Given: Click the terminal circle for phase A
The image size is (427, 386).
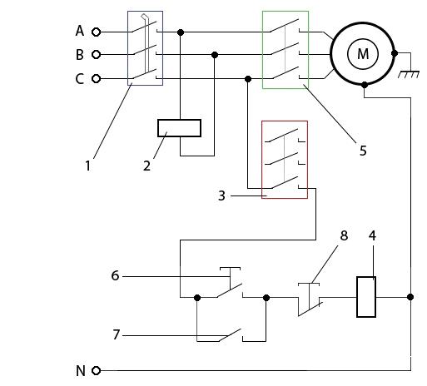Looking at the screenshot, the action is tap(96, 32).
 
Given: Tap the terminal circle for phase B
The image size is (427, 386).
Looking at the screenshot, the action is tap(96, 54).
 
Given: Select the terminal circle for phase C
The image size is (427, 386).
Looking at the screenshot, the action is tap(96, 79).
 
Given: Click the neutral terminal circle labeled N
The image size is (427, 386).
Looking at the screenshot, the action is tap(96, 370).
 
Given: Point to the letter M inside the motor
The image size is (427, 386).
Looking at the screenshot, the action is tap(363, 54).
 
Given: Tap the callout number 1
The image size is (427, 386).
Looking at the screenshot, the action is tap(87, 166).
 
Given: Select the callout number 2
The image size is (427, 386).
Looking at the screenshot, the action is tap(146, 166).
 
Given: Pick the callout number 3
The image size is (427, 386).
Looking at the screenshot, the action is tap(221, 195).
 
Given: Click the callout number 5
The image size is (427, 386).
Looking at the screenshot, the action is tap(363, 151).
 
